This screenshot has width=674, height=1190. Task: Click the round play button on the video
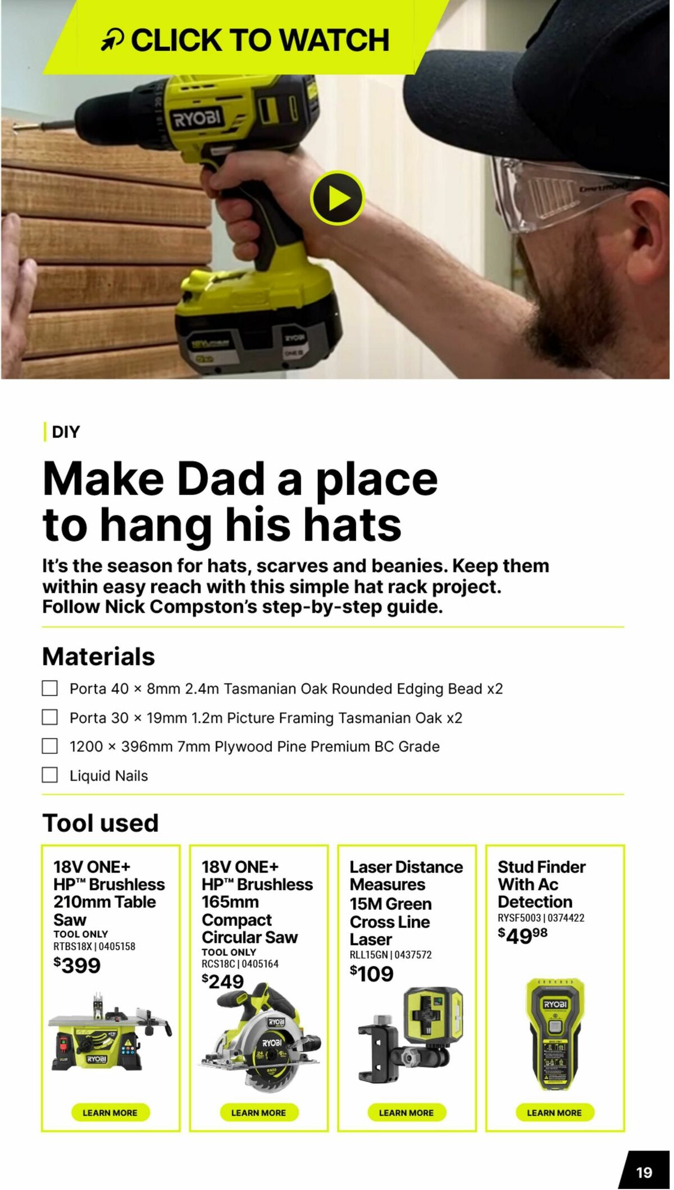(x=337, y=198)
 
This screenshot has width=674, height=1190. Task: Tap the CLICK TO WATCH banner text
(x=259, y=40)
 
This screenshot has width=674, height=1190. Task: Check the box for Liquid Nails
(x=50, y=775)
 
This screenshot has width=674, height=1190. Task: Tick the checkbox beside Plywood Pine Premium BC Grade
(x=50, y=746)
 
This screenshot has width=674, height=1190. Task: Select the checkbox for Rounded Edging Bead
(x=50, y=688)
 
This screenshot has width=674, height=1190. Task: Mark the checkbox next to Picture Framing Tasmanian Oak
(x=50, y=717)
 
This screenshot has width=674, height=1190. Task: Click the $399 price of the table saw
(x=78, y=965)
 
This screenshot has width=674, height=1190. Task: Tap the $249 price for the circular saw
(x=223, y=981)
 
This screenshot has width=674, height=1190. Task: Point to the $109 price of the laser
(x=372, y=973)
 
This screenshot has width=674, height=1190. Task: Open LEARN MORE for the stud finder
(x=554, y=1113)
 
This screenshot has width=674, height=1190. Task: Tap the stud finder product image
(x=554, y=1033)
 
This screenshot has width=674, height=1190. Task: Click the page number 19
(x=644, y=1172)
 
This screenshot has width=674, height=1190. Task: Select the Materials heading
(x=99, y=656)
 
